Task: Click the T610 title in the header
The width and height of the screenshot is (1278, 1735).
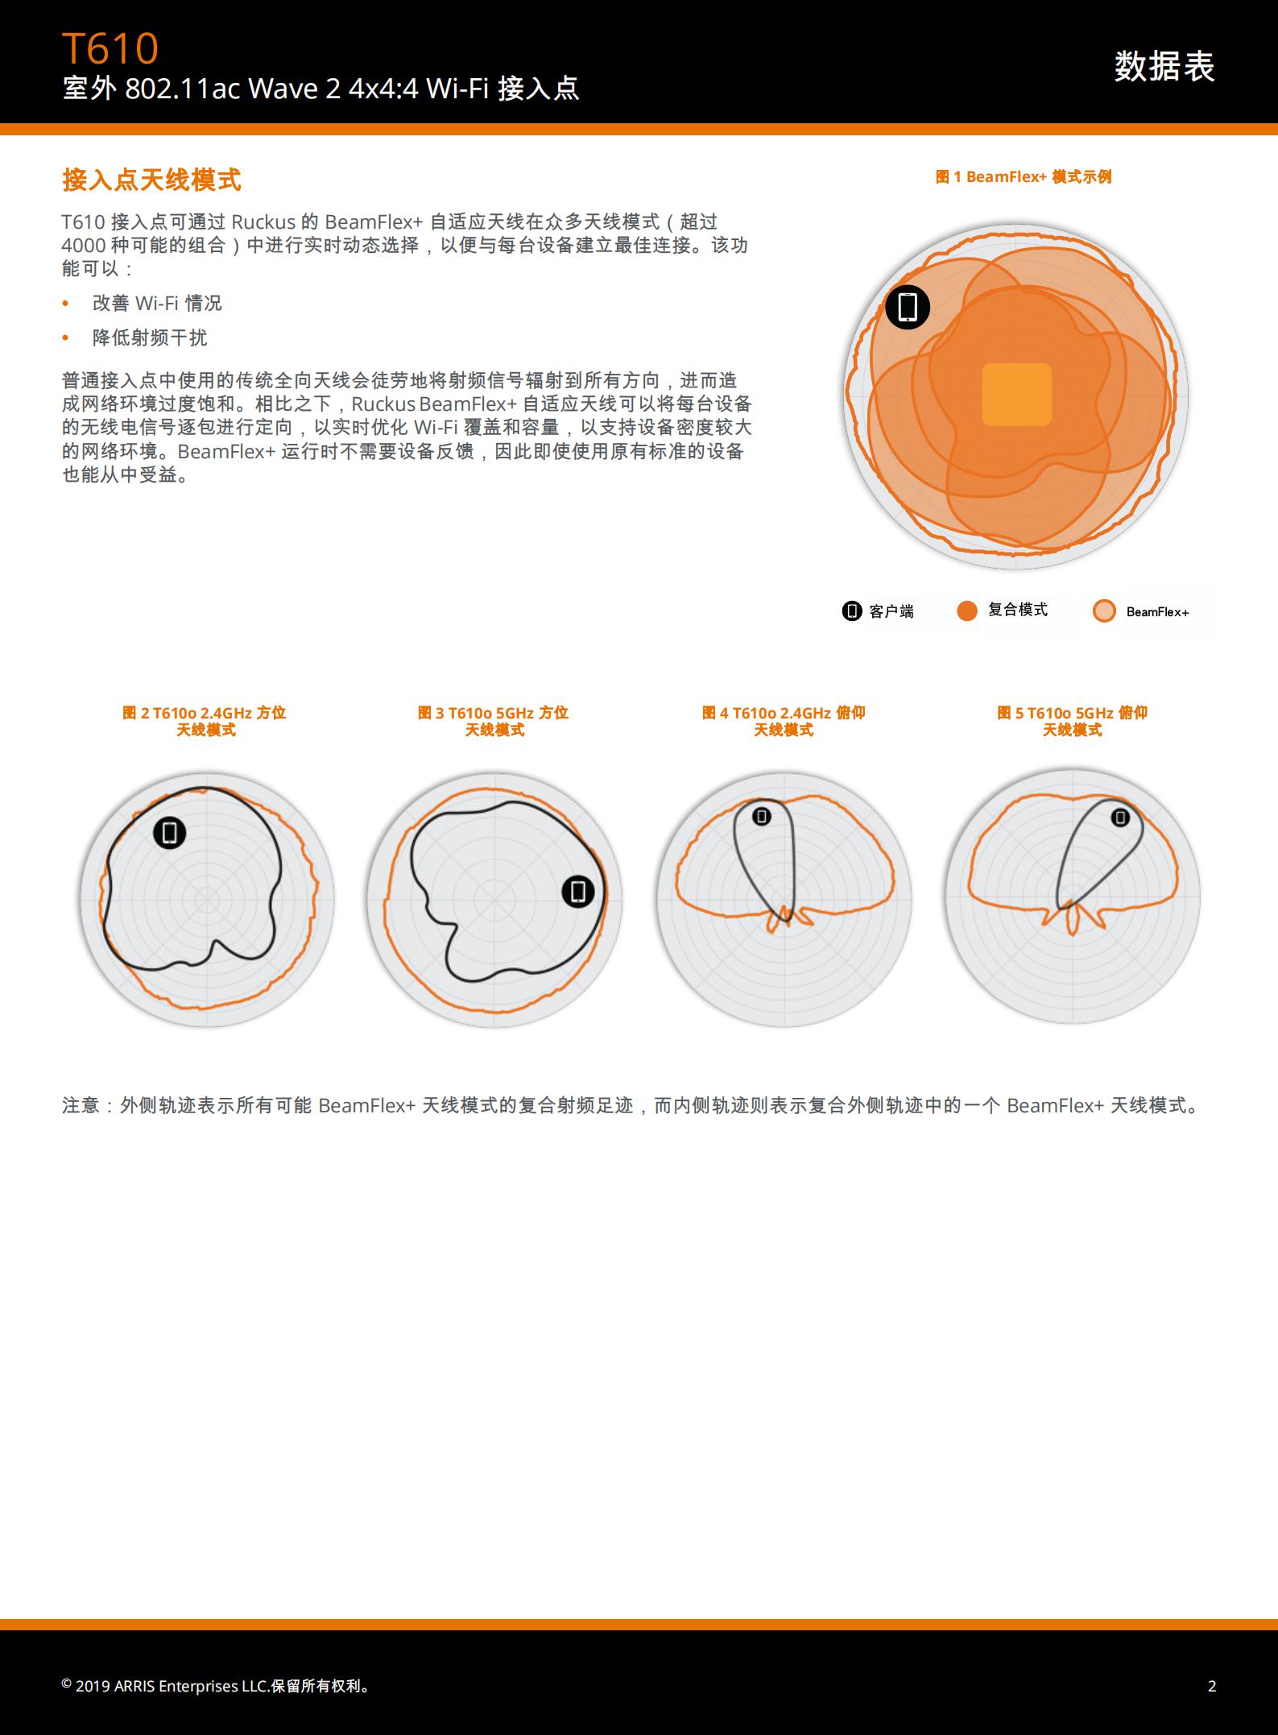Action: coord(110,48)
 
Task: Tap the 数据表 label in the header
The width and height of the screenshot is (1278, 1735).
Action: coord(1164,66)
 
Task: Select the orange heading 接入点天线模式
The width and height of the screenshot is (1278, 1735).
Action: coord(152,180)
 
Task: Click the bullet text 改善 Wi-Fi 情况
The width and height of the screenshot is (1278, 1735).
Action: coord(157,303)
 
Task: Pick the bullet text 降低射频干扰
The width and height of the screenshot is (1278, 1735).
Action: coord(150,337)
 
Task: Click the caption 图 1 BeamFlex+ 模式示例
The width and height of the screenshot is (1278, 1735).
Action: coord(1024,177)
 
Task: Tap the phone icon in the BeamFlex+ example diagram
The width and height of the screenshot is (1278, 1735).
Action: coord(908,307)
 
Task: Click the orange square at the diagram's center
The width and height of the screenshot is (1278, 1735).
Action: coord(1016,394)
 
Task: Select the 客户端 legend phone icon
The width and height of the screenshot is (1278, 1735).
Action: coord(851,611)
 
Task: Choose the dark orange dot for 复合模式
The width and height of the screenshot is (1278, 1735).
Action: coord(967,611)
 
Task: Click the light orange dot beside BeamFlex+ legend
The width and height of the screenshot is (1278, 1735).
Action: coord(1104,611)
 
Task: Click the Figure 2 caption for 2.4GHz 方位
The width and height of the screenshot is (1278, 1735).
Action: coord(205,721)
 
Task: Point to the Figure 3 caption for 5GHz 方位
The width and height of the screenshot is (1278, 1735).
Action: coord(494,721)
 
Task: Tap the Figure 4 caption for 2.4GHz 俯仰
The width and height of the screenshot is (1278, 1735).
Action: coord(784,721)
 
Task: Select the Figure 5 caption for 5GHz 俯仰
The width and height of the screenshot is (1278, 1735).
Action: coord(1073,721)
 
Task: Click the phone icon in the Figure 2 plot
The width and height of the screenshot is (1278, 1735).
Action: coord(170,832)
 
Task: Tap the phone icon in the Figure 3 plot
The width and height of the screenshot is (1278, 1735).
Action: coord(577,892)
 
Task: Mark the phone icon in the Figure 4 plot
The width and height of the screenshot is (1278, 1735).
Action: coord(762,817)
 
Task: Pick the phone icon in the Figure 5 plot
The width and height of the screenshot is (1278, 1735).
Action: coord(1120,818)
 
